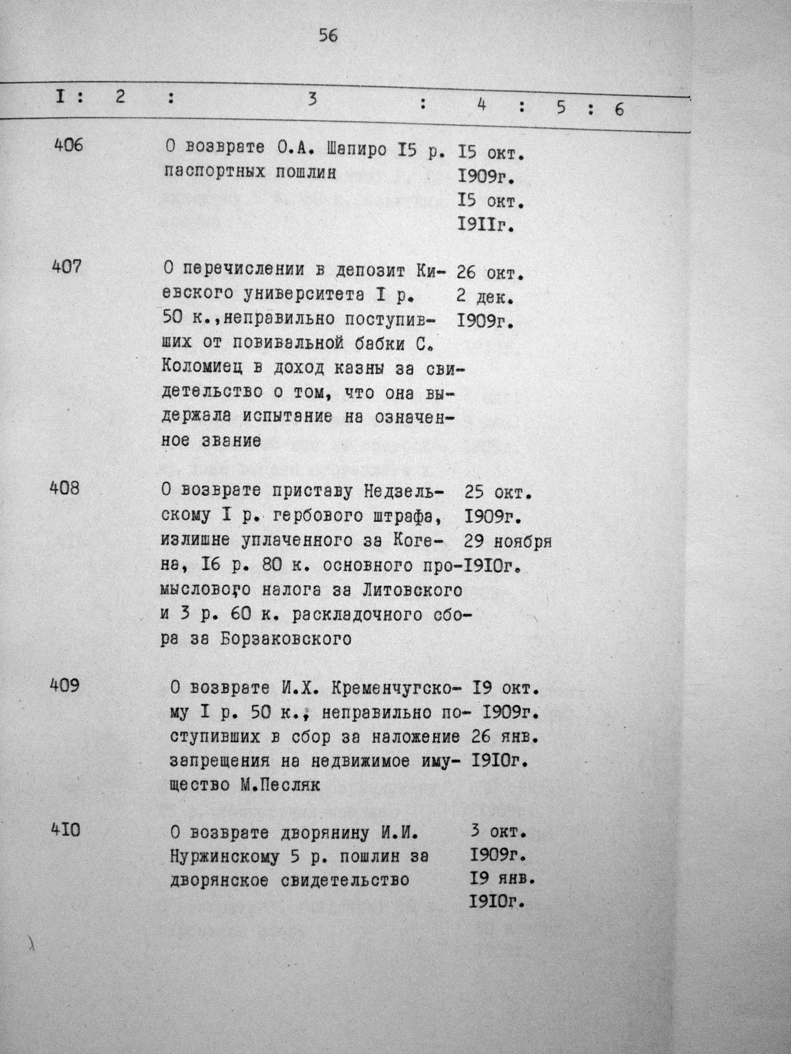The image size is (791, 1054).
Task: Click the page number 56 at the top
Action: click(x=328, y=36)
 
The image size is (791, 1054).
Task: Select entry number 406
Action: click(x=68, y=145)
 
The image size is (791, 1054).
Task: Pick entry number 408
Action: click(x=65, y=488)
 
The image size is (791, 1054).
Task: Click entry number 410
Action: click(x=66, y=830)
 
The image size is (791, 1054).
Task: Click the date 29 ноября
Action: click(x=507, y=542)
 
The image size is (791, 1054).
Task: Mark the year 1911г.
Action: click(x=486, y=225)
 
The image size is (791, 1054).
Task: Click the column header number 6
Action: click(x=619, y=110)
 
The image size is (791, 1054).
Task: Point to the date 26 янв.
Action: click(x=505, y=737)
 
